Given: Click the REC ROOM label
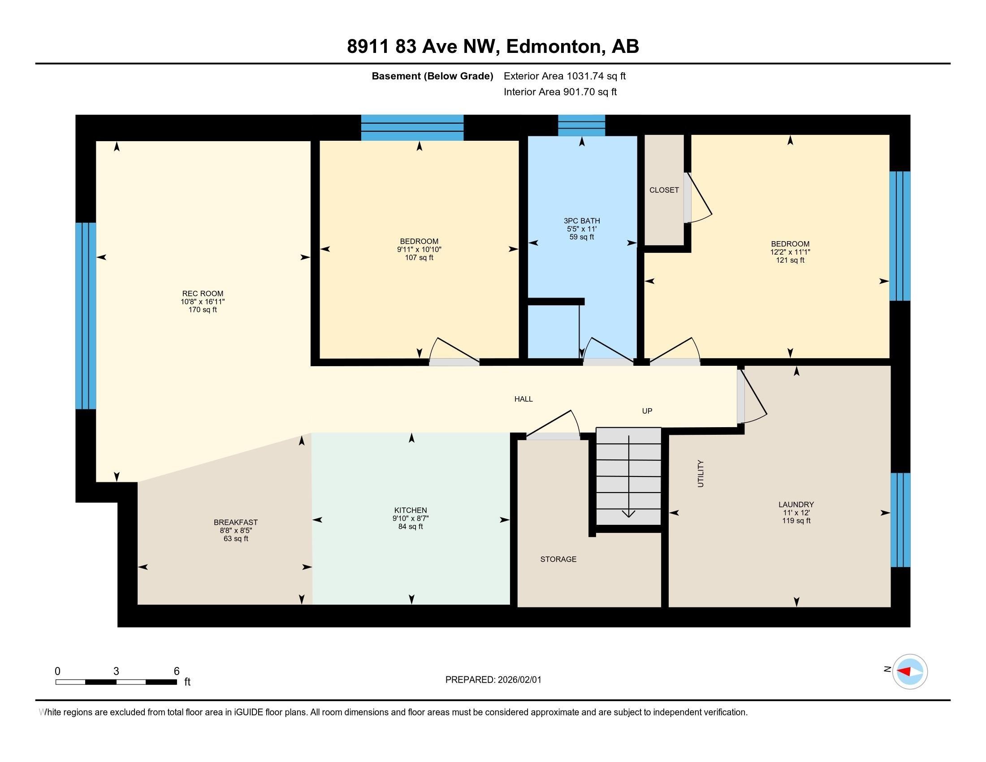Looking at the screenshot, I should (x=203, y=294).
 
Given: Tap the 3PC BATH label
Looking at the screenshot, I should (x=581, y=221).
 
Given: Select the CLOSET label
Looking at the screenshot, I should (x=664, y=190).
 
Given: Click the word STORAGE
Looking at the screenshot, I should (x=558, y=559).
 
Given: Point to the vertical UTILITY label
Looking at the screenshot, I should (x=701, y=473).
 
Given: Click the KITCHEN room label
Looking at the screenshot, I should (x=410, y=510).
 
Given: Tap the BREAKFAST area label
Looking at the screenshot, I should (x=236, y=522).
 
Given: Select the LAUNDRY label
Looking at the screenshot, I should (x=796, y=504).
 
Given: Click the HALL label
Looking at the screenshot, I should (x=523, y=399).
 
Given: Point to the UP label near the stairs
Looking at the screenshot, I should (x=647, y=411).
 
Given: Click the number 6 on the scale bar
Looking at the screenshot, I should (x=177, y=671).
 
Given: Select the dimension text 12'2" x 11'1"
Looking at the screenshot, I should (x=790, y=252).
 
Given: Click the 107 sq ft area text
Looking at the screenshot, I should (x=419, y=258).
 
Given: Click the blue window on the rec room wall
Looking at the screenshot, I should (x=85, y=316).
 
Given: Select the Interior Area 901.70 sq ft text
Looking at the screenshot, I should (x=560, y=92).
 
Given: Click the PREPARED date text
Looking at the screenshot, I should (x=493, y=680).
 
